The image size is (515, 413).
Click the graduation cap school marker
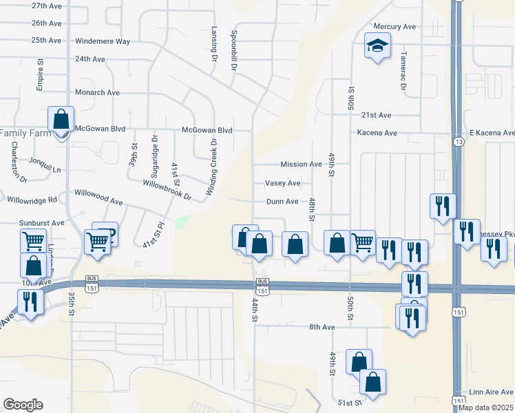click(377, 46)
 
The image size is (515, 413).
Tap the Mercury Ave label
click(395, 26)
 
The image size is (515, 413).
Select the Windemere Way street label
click(103, 41)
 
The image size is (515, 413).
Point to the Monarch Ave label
click(97, 92)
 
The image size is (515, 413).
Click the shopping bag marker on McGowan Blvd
click(61, 120)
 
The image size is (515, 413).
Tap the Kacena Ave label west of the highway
click(377, 132)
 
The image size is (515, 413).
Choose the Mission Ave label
click(301, 165)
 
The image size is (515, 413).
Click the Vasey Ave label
click(283, 183)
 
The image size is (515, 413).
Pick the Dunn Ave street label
click(282, 202)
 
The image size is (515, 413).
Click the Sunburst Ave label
click(41, 223)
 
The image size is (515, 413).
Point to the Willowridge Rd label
click(31, 200)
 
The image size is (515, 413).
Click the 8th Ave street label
click(321, 326)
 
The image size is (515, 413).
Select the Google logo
click(23, 405)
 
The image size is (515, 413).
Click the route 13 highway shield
click(458, 141)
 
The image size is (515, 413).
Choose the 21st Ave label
click(376, 115)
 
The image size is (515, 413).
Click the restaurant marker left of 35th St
click(30, 303)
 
